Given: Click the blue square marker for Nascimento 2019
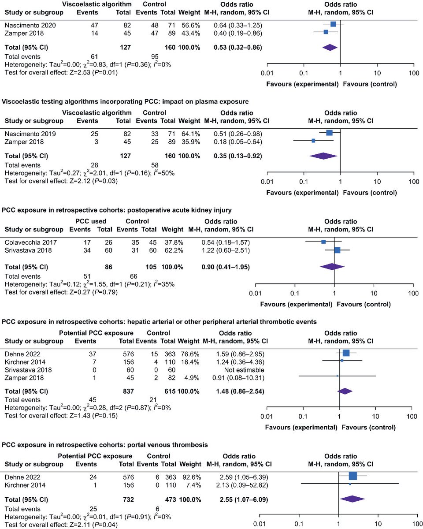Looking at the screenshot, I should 329,133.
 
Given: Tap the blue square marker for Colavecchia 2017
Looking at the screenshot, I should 323,242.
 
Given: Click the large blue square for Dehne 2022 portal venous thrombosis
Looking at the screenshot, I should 352,476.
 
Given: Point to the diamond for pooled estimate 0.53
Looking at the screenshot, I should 330,47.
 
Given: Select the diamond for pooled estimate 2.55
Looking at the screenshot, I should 352,499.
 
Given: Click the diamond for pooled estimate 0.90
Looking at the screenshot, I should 332,266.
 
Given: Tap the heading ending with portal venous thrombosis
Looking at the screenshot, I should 105,445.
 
